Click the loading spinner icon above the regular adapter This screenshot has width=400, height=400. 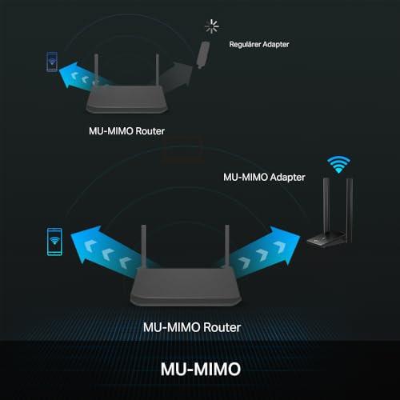pos(212,26)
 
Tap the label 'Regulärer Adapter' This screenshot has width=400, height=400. pos(259,44)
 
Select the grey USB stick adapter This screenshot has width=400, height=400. pos(203,55)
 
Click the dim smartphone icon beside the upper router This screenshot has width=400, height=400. pos(52,62)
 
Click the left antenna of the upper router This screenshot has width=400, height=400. pos(96,70)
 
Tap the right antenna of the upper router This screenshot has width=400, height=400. pos(158,70)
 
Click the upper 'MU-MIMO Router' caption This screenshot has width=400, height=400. pos(126,131)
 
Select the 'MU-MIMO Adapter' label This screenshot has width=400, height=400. pos(264,177)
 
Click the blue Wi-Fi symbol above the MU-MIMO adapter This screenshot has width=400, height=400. pos(338,164)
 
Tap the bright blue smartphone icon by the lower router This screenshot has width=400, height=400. pos(54,242)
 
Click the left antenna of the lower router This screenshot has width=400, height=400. pos(143,246)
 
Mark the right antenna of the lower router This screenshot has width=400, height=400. pos(227,246)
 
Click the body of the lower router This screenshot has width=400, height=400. pos(186,287)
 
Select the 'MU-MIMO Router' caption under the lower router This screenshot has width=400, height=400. pos(192,327)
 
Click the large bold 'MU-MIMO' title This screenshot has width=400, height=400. pos(201,369)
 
